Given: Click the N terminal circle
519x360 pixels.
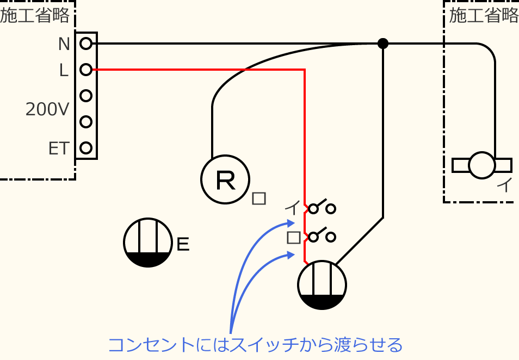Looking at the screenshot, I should tap(85, 43).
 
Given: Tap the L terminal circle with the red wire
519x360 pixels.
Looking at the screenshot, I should tap(85, 69).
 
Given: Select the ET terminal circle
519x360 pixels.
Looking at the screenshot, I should tap(85, 147).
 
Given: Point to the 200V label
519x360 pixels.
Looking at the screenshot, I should tap(47, 110).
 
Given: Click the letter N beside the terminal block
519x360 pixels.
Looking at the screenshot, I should tap(64, 44).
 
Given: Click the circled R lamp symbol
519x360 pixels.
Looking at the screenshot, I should tap(225, 180).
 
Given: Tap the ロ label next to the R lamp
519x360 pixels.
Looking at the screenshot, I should tap(259, 198).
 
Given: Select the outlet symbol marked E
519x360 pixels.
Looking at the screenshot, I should tap(148, 243).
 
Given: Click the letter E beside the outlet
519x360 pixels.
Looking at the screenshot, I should tap(183, 245).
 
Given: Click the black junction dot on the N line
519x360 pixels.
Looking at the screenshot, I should tap(383, 44).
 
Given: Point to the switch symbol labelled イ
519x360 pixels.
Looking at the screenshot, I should tap(322, 208).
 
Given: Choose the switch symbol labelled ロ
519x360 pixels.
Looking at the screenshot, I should tap(322, 236).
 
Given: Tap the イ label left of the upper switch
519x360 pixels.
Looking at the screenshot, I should tap(293, 208).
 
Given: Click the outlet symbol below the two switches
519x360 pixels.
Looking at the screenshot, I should tap(322, 285).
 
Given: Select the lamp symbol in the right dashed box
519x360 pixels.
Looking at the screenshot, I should tap(482, 165).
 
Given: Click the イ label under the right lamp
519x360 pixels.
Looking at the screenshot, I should tap(504, 186).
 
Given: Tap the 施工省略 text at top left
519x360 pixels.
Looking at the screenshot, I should tap(35, 16).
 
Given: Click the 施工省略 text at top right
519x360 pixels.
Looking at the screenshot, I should tap(484, 16).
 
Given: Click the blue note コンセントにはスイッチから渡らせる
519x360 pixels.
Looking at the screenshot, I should tap(255, 345).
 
